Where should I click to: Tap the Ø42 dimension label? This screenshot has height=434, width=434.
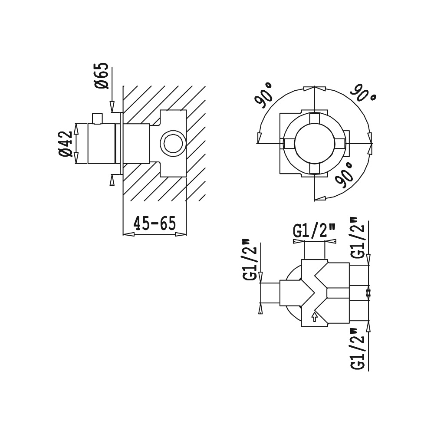pyautogui.click(x=66, y=144)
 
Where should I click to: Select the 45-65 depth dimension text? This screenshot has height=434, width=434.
pyautogui.click(x=155, y=223)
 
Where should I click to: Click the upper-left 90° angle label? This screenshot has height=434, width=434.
pyautogui.click(x=263, y=95)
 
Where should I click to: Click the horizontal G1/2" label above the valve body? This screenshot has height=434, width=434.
pyautogui.click(x=314, y=231)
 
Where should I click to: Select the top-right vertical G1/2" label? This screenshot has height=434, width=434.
pyautogui.click(x=358, y=237)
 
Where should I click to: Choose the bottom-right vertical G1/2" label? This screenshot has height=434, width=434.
pyautogui.click(x=358, y=349)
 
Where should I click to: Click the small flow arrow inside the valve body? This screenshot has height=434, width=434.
pyautogui.click(x=314, y=317)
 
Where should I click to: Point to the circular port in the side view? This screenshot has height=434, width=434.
pyautogui.click(x=173, y=144)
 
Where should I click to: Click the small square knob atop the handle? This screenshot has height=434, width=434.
pyautogui.click(x=97, y=118)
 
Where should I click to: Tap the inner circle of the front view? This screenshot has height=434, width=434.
pyautogui.click(x=315, y=144)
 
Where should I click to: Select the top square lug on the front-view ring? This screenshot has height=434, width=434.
pyautogui.click(x=315, y=118)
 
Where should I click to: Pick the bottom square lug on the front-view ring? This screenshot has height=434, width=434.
pyautogui.click(x=315, y=169)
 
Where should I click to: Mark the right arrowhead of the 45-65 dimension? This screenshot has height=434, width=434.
pyautogui.click(x=181, y=234)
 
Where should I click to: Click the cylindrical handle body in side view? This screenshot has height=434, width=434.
pyautogui.click(x=101, y=143)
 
